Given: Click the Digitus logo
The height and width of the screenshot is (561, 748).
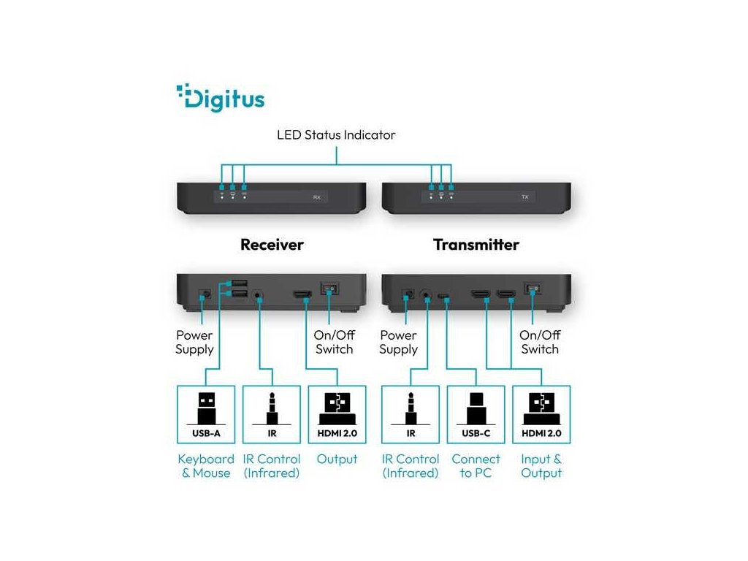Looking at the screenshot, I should click(221, 98).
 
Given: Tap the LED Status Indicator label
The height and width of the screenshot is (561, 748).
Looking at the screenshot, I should click(336, 135).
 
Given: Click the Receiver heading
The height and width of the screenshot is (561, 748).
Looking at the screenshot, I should click(272, 245).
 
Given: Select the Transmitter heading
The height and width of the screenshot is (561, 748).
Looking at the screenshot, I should click(476, 245).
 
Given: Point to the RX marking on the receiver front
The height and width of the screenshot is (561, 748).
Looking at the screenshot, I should click(316, 197).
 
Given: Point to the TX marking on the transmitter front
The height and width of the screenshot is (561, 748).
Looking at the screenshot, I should click(524, 197).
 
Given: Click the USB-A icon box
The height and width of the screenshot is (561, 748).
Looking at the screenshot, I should click(206, 414).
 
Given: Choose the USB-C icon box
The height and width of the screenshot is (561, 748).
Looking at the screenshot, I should click(476, 414).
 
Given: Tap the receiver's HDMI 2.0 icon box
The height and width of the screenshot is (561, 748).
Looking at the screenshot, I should click(337, 414).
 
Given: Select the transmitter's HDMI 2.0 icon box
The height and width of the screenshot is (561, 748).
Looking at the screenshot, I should click(541, 414).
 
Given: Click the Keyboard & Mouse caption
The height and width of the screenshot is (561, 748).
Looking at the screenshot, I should click(206, 466).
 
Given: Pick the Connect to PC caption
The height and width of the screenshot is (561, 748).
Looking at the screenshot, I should click(476, 466).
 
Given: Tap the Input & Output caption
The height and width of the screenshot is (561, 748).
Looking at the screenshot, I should click(541, 466).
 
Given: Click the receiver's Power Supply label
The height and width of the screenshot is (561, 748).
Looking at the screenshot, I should click(194, 342).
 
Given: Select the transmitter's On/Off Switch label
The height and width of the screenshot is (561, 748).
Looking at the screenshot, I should click(540, 342).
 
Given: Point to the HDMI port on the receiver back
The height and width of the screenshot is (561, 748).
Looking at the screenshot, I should click(302, 295).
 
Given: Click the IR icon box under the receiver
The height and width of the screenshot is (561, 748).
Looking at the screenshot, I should click(272, 414).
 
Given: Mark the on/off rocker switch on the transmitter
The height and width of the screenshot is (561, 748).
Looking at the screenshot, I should click(532, 290).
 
